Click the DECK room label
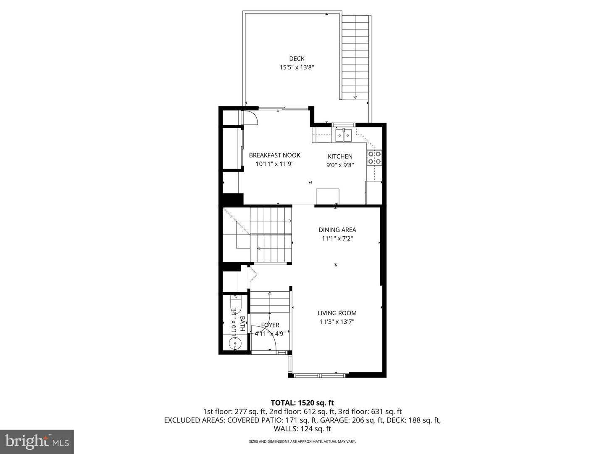(x=297, y=59)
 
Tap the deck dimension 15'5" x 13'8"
(x=297, y=67)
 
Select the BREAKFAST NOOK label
(x=274, y=155)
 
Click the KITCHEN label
(x=340, y=156)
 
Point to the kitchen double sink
(x=344, y=135)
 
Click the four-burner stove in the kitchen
(x=374, y=157)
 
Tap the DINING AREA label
(x=337, y=230)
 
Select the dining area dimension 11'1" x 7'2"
(x=337, y=238)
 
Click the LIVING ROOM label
(x=337, y=313)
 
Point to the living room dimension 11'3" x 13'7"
(x=337, y=322)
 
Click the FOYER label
(x=270, y=325)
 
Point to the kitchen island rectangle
(x=327, y=196)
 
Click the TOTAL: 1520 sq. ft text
(x=302, y=403)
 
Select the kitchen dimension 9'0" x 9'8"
(x=340, y=165)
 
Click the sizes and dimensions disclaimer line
(x=302, y=441)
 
